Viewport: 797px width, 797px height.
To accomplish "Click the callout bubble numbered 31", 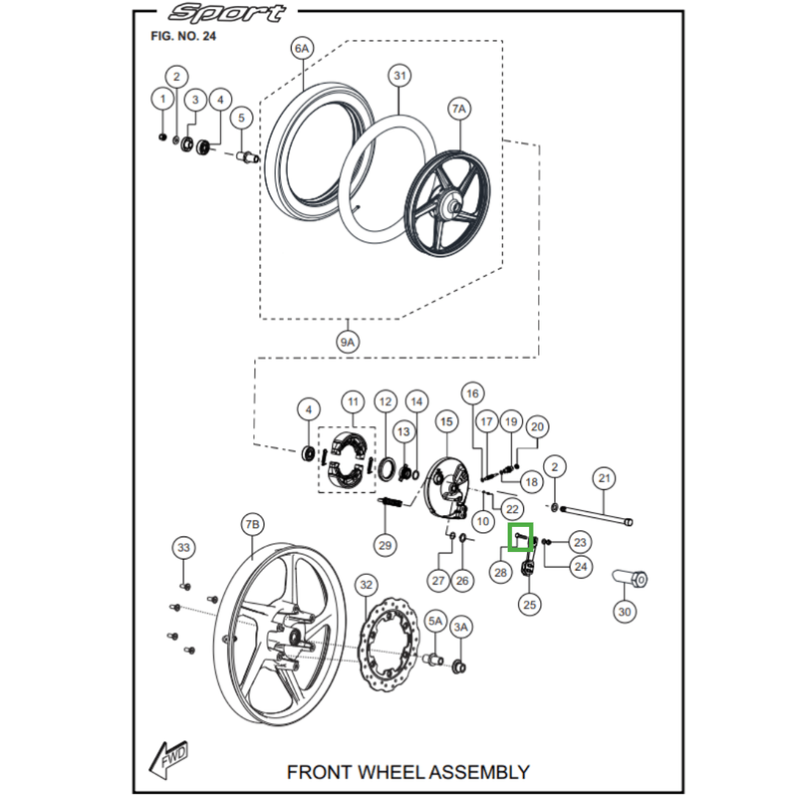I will click(400, 76).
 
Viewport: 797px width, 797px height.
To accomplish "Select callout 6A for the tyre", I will click(302, 48).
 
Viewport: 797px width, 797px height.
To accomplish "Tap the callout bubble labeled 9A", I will click(346, 343).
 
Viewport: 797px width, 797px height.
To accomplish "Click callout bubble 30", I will click(625, 612).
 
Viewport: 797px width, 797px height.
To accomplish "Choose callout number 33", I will click(183, 548).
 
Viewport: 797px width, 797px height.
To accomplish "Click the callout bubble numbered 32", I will click(366, 585).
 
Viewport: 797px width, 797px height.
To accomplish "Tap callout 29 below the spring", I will click(386, 544).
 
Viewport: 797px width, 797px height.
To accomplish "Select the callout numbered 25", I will click(529, 604).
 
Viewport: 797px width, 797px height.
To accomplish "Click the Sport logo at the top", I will click(225, 15).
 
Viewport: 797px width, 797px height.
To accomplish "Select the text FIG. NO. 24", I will click(182, 36).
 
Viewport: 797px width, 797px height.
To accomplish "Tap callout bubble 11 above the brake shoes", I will click(352, 402).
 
